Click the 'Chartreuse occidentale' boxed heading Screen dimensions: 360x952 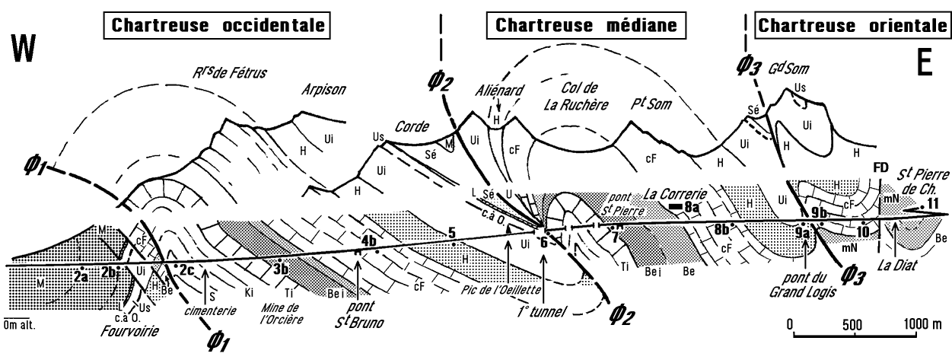[x=220, y=25]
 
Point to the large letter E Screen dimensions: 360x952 [x=924, y=63]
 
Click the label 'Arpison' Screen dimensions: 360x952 [x=325, y=90]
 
